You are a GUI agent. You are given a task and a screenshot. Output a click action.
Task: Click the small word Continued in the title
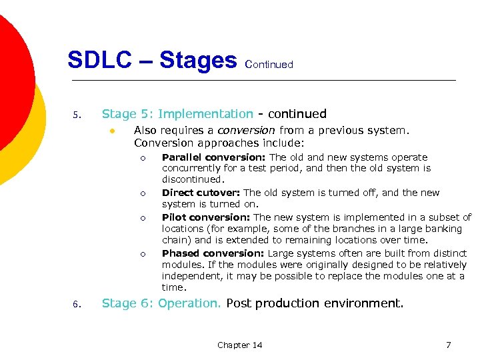pyautogui.click(x=269, y=65)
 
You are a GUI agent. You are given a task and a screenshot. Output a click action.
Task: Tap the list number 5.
pyautogui.click(x=76, y=116)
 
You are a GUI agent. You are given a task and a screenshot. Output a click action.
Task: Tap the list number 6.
pyautogui.click(x=76, y=305)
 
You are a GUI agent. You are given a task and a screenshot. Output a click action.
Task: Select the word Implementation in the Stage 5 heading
pyautogui.click(x=205, y=114)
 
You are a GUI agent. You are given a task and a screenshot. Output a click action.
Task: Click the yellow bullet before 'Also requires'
pyautogui.click(x=114, y=131)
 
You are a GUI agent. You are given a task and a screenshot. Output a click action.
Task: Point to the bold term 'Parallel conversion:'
pyautogui.click(x=204, y=157)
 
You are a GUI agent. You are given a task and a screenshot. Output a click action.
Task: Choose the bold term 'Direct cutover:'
pyautogui.click(x=201, y=193)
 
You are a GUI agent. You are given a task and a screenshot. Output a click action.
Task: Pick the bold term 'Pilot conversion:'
pyautogui.click(x=206, y=217)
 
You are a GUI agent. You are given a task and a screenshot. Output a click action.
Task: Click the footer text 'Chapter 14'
pyautogui.click(x=239, y=345)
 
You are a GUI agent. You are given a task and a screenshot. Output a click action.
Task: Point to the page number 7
pyautogui.click(x=448, y=345)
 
